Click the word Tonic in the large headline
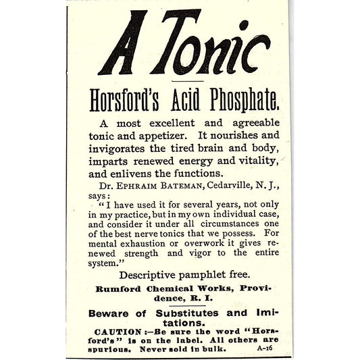203,45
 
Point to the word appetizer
164,136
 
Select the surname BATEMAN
188,182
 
